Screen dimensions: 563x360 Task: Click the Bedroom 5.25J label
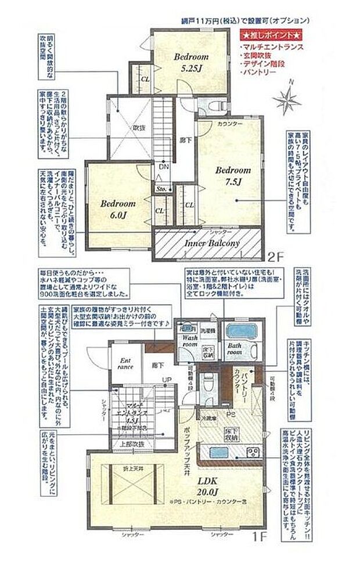coord(191,62)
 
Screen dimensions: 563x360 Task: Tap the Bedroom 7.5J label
coord(233,175)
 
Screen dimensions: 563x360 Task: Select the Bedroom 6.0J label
coord(117,210)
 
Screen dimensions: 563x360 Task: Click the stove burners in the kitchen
coord(254,452)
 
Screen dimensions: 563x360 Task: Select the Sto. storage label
coord(160,189)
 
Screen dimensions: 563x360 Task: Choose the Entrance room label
coord(127,363)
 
